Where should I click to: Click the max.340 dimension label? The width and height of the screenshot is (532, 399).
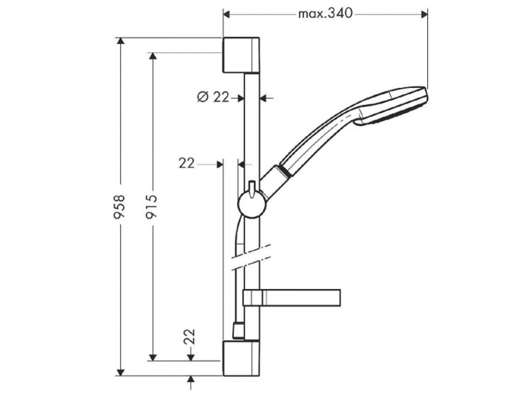(325, 14)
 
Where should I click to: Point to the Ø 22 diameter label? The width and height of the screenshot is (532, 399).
(214, 97)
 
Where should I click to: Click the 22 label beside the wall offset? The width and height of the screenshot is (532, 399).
(187, 164)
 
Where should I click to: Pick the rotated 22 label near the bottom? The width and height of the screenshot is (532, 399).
(190, 336)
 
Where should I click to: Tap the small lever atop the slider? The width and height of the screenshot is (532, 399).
(251, 188)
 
